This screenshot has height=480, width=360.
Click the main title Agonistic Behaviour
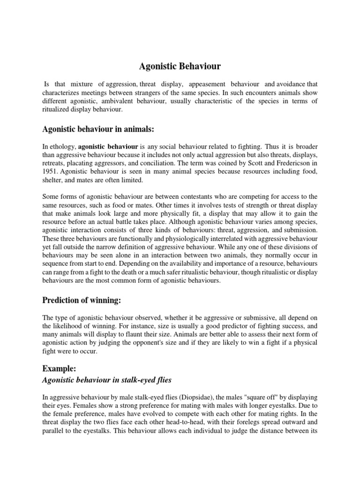pos(180,67)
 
